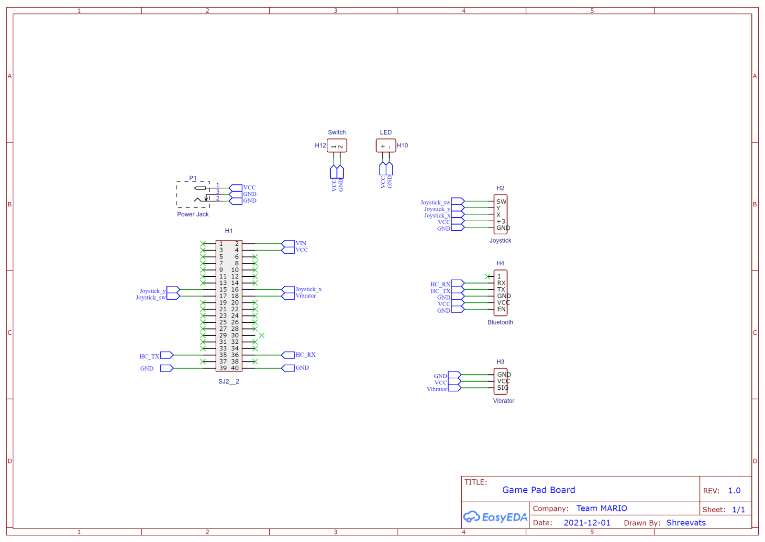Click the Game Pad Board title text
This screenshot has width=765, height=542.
pyautogui.click(x=539, y=490)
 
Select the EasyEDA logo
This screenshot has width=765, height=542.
pyautogui.click(x=495, y=517)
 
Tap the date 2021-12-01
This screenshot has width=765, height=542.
pyautogui.click(x=587, y=523)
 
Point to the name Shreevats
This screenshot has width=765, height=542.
pyautogui.click(x=686, y=523)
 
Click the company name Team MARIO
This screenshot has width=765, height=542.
pyautogui.click(x=602, y=508)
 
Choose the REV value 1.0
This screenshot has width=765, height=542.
pyautogui.click(x=734, y=491)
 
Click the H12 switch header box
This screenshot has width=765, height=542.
pyautogui.click(x=337, y=146)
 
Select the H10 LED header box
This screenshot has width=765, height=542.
pyautogui.click(x=386, y=146)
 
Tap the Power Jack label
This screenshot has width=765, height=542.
pyautogui.click(x=193, y=215)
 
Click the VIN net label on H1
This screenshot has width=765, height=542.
pyautogui.click(x=301, y=243)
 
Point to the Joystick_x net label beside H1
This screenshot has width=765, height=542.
pyautogui.click(x=309, y=289)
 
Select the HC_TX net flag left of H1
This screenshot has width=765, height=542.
pyautogui.click(x=166, y=355)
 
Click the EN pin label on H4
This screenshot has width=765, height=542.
pyautogui.click(x=501, y=309)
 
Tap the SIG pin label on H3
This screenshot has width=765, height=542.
pyautogui.click(x=503, y=388)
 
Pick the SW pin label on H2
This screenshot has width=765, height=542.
pyautogui.click(x=501, y=202)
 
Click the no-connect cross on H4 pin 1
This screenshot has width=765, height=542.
pyautogui.click(x=488, y=276)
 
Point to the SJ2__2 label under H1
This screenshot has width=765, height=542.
pyautogui.click(x=229, y=382)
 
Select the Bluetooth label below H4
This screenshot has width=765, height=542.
pyautogui.click(x=500, y=322)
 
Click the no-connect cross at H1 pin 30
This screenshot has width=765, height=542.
pyautogui.click(x=262, y=335)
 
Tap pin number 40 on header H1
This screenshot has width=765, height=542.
pyautogui.click(x=235, y=368)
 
